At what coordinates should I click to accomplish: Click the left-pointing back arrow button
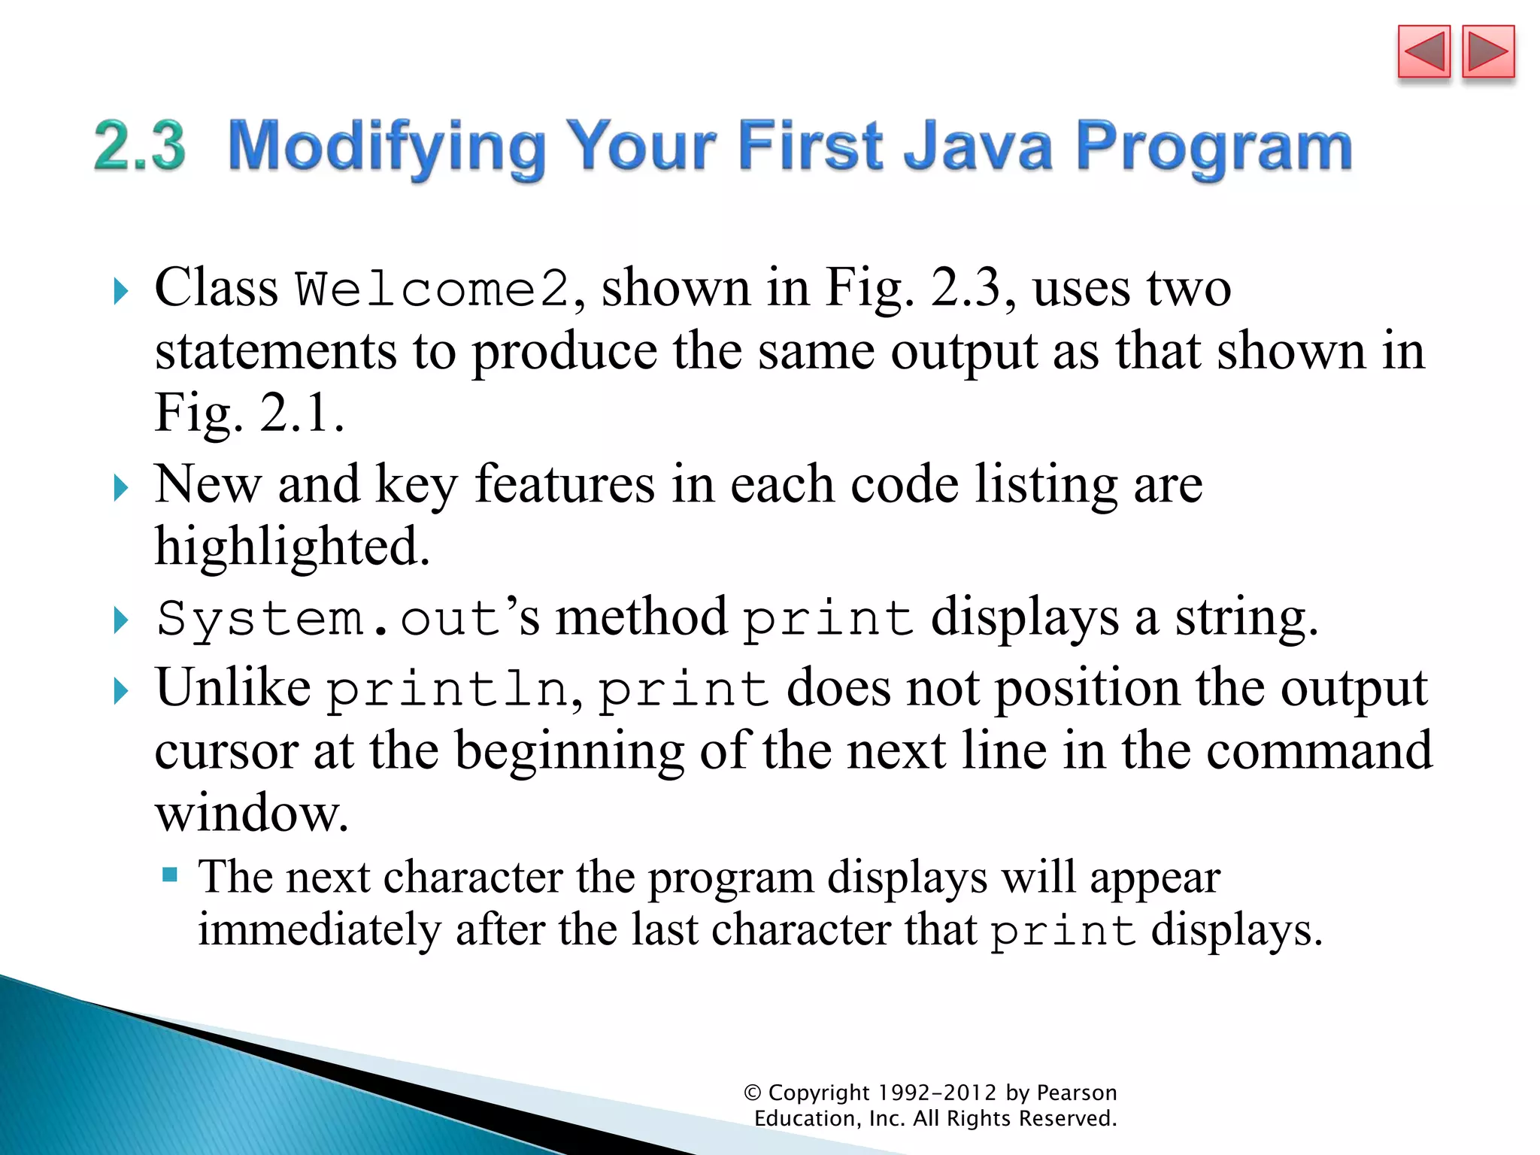[1423, 52]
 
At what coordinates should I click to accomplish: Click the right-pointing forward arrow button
[1488, 52]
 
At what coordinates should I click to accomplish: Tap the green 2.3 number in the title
[140, 146]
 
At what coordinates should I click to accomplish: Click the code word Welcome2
[432, 290]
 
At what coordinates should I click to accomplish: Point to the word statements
[275, 352]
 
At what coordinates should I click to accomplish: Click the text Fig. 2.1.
[249, 413]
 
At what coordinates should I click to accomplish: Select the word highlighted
[292, 547]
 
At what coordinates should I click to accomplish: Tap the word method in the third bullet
[641, 617]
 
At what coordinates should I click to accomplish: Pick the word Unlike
[232, 687]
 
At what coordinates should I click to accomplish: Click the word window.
[251, 814]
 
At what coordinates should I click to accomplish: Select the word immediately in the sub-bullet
[319, 930]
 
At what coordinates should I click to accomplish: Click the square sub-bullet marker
[170, 875]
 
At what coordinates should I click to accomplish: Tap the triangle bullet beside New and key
[121, 488]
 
